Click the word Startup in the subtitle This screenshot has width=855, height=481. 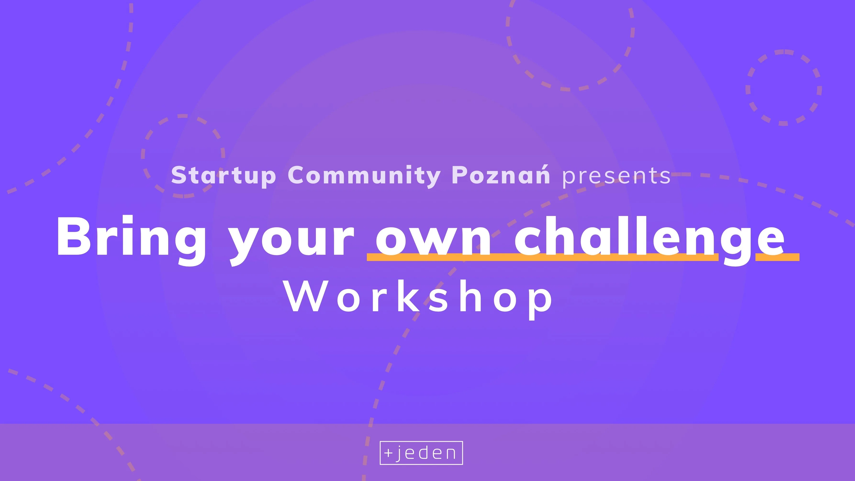coord(223,175)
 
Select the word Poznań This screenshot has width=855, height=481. coord(501,174)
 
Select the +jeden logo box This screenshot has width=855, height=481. coord(421,453)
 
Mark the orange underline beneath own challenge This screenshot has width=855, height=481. coord(583,257)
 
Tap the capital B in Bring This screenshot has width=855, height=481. coord(74,236)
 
